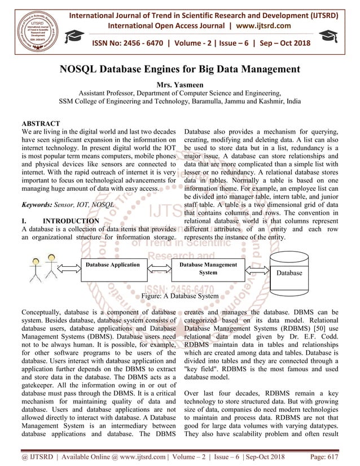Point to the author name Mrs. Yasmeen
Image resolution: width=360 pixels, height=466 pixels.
[179, 84]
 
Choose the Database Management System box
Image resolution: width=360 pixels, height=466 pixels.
[208, 269]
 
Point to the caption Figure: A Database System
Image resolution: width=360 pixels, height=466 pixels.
[179, 296]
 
